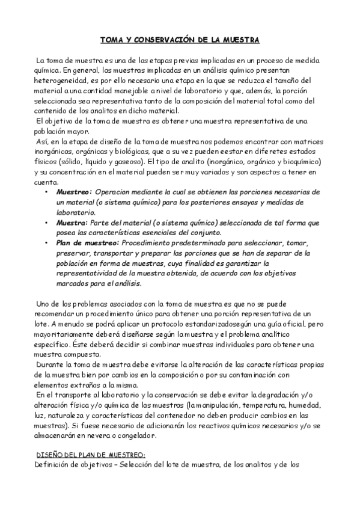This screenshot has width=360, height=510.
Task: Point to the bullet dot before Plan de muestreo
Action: click(x=47, y=242)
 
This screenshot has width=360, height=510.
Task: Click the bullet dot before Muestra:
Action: click(x=47, y=222)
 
